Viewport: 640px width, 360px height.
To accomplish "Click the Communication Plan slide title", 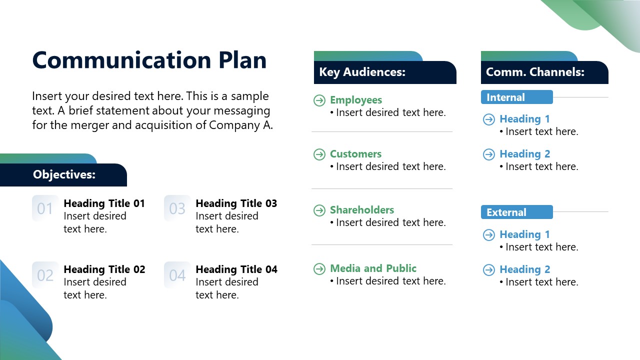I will (x=149, y=60).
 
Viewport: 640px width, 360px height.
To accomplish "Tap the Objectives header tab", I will (x=64, y=174).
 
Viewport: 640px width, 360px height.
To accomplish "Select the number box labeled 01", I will (x=45, y=208).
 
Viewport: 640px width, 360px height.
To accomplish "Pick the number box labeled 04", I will (x=177, y=275).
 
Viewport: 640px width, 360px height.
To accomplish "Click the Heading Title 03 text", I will (x=236, y=203).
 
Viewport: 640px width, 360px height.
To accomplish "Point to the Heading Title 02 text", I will (x=104, y=269).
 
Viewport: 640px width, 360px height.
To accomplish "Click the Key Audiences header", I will (x=362, y=72).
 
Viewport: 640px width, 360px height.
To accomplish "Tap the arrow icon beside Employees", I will (x=319, y=100).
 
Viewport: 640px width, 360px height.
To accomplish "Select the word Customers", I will (x=355, y=154).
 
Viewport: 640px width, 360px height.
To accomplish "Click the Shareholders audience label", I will (x=361, y=210).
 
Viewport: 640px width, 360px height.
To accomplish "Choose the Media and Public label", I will (x=373, y=268).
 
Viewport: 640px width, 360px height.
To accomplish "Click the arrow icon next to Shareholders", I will (x=319, y=210).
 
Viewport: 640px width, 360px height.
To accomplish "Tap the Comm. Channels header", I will (x=535, y=72).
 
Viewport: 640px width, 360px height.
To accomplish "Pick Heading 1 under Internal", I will (x=524, y=119).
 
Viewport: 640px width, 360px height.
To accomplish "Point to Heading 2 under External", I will (x=524, y=269).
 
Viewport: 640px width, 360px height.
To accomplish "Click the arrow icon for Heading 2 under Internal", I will (x=489, y=154).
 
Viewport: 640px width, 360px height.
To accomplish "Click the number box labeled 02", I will (x=45, y=275).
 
